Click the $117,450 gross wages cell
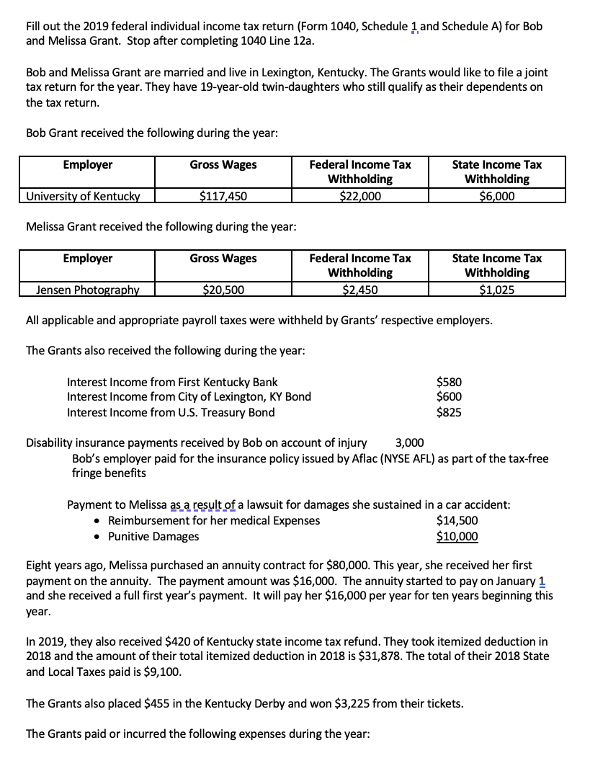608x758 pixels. [223, 195]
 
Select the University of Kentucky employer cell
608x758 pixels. [83, 195]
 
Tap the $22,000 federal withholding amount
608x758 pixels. [360, 195]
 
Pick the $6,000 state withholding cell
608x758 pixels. [497, 195]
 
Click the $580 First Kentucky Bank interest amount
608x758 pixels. [450, 382]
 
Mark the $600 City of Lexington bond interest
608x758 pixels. [450, 397]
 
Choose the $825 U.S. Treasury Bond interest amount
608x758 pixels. [450, 412]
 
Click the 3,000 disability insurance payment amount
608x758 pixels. [410, 442]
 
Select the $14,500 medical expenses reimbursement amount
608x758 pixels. [457, 520]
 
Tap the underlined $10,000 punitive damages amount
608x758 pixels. [457, 536]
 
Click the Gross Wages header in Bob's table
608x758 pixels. [223, 164]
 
